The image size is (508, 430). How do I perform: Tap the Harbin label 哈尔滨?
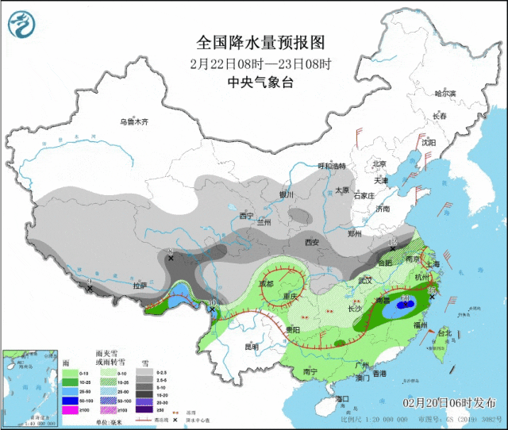coord(444,94)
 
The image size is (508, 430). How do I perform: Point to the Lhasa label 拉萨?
coord(140,286)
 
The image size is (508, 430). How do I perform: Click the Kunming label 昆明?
coord(252,347)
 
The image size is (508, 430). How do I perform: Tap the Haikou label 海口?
coord(343,398)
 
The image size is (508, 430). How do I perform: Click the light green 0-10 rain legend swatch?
coord(69,374)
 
